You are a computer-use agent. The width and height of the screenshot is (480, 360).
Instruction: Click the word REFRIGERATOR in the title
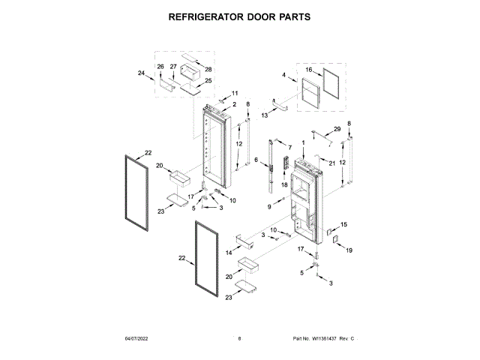205,15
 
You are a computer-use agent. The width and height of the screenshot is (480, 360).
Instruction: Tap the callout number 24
141,73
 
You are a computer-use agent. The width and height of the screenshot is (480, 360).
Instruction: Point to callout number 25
208,81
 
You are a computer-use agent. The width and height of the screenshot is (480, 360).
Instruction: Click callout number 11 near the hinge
223,93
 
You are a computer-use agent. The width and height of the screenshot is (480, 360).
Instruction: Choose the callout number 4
284,75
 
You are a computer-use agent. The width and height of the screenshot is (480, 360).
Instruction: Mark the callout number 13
265,115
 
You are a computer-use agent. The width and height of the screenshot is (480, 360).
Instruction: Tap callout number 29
337,129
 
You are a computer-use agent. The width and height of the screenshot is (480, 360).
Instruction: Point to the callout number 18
284,184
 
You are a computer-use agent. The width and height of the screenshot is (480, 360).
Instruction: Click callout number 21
332,163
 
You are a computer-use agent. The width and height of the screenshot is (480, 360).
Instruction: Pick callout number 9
270,206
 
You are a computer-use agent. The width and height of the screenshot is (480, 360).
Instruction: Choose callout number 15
344,224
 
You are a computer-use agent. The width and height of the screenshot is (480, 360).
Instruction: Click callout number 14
228,253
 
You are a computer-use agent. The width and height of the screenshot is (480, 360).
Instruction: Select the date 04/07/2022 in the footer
138,340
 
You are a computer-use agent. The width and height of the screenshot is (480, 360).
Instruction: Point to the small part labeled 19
335,241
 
